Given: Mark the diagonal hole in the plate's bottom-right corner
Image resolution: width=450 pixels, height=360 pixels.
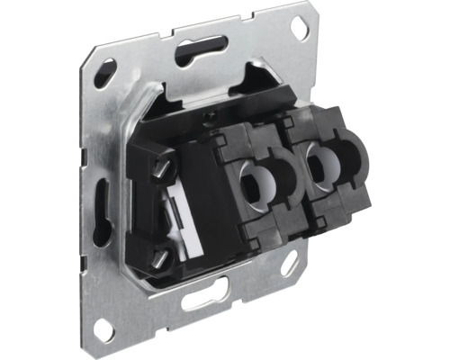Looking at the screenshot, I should click(x=289, y=265).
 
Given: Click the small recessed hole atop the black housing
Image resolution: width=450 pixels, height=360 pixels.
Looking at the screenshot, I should click(x=210, y=118).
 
